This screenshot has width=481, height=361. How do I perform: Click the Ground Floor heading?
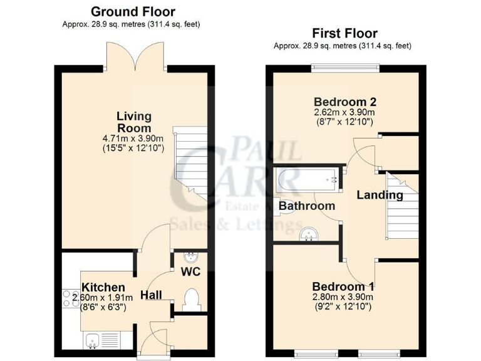(x=133, y=11)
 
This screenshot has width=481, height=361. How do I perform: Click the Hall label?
(x=152, y=295)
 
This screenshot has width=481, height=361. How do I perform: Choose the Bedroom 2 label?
(x=345, y=102)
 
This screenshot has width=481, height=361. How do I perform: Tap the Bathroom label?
(x=307, y=206)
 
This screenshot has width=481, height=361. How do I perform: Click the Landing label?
(x=380, y=195)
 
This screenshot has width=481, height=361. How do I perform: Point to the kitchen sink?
(x=93, y=341)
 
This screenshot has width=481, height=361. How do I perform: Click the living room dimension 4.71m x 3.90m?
(x=134, y=139)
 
